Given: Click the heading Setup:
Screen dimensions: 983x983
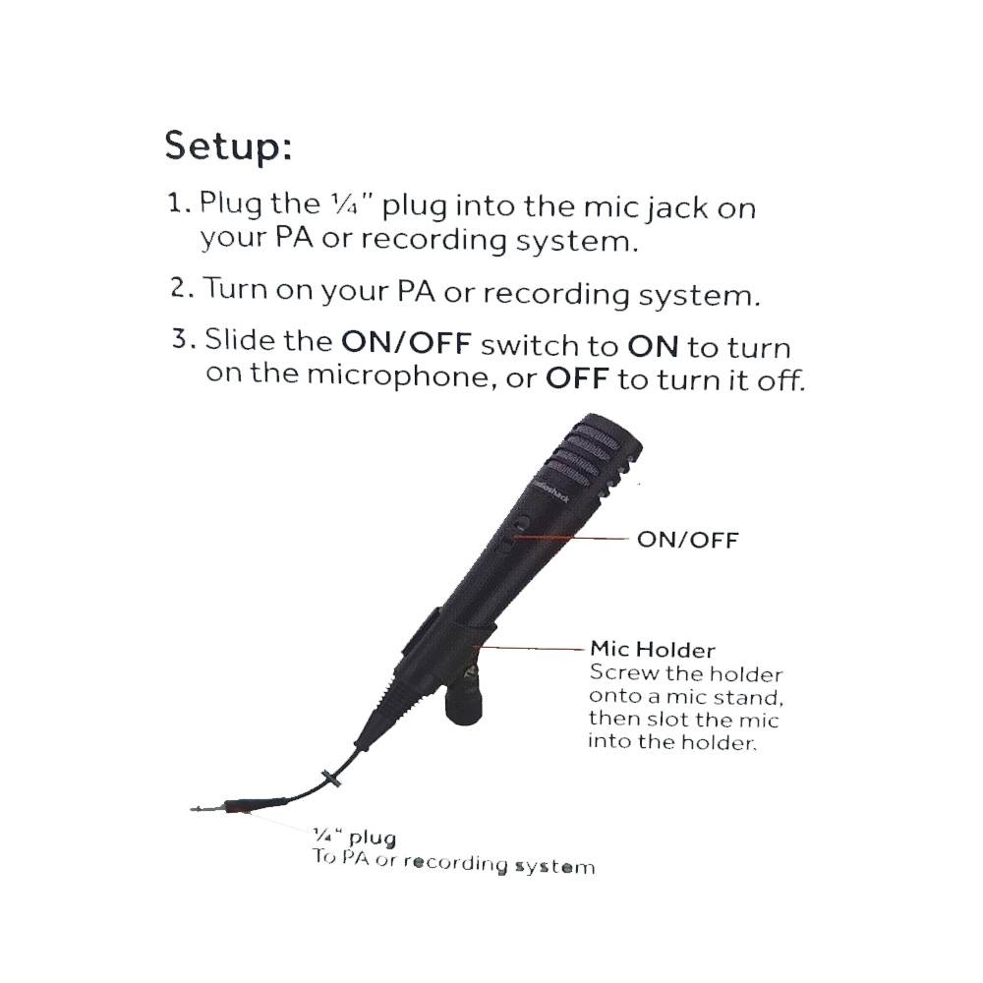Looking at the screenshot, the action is click(228, 146).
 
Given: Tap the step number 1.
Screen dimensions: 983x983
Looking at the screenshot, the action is click(177, 202).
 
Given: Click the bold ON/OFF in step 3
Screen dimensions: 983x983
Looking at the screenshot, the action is click(406, 342).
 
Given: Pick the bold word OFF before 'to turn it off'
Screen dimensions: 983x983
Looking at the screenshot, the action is click(577, 378).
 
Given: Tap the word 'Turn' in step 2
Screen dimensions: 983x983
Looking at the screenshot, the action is click(235, 288).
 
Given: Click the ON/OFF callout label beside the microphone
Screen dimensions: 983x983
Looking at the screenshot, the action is click(688, 540).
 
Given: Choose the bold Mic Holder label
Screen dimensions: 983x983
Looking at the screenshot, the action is click(653, 649).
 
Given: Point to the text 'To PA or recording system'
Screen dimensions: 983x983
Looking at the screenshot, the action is click(453, 862).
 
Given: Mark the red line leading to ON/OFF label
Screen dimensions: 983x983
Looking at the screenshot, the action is click(570, 538).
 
